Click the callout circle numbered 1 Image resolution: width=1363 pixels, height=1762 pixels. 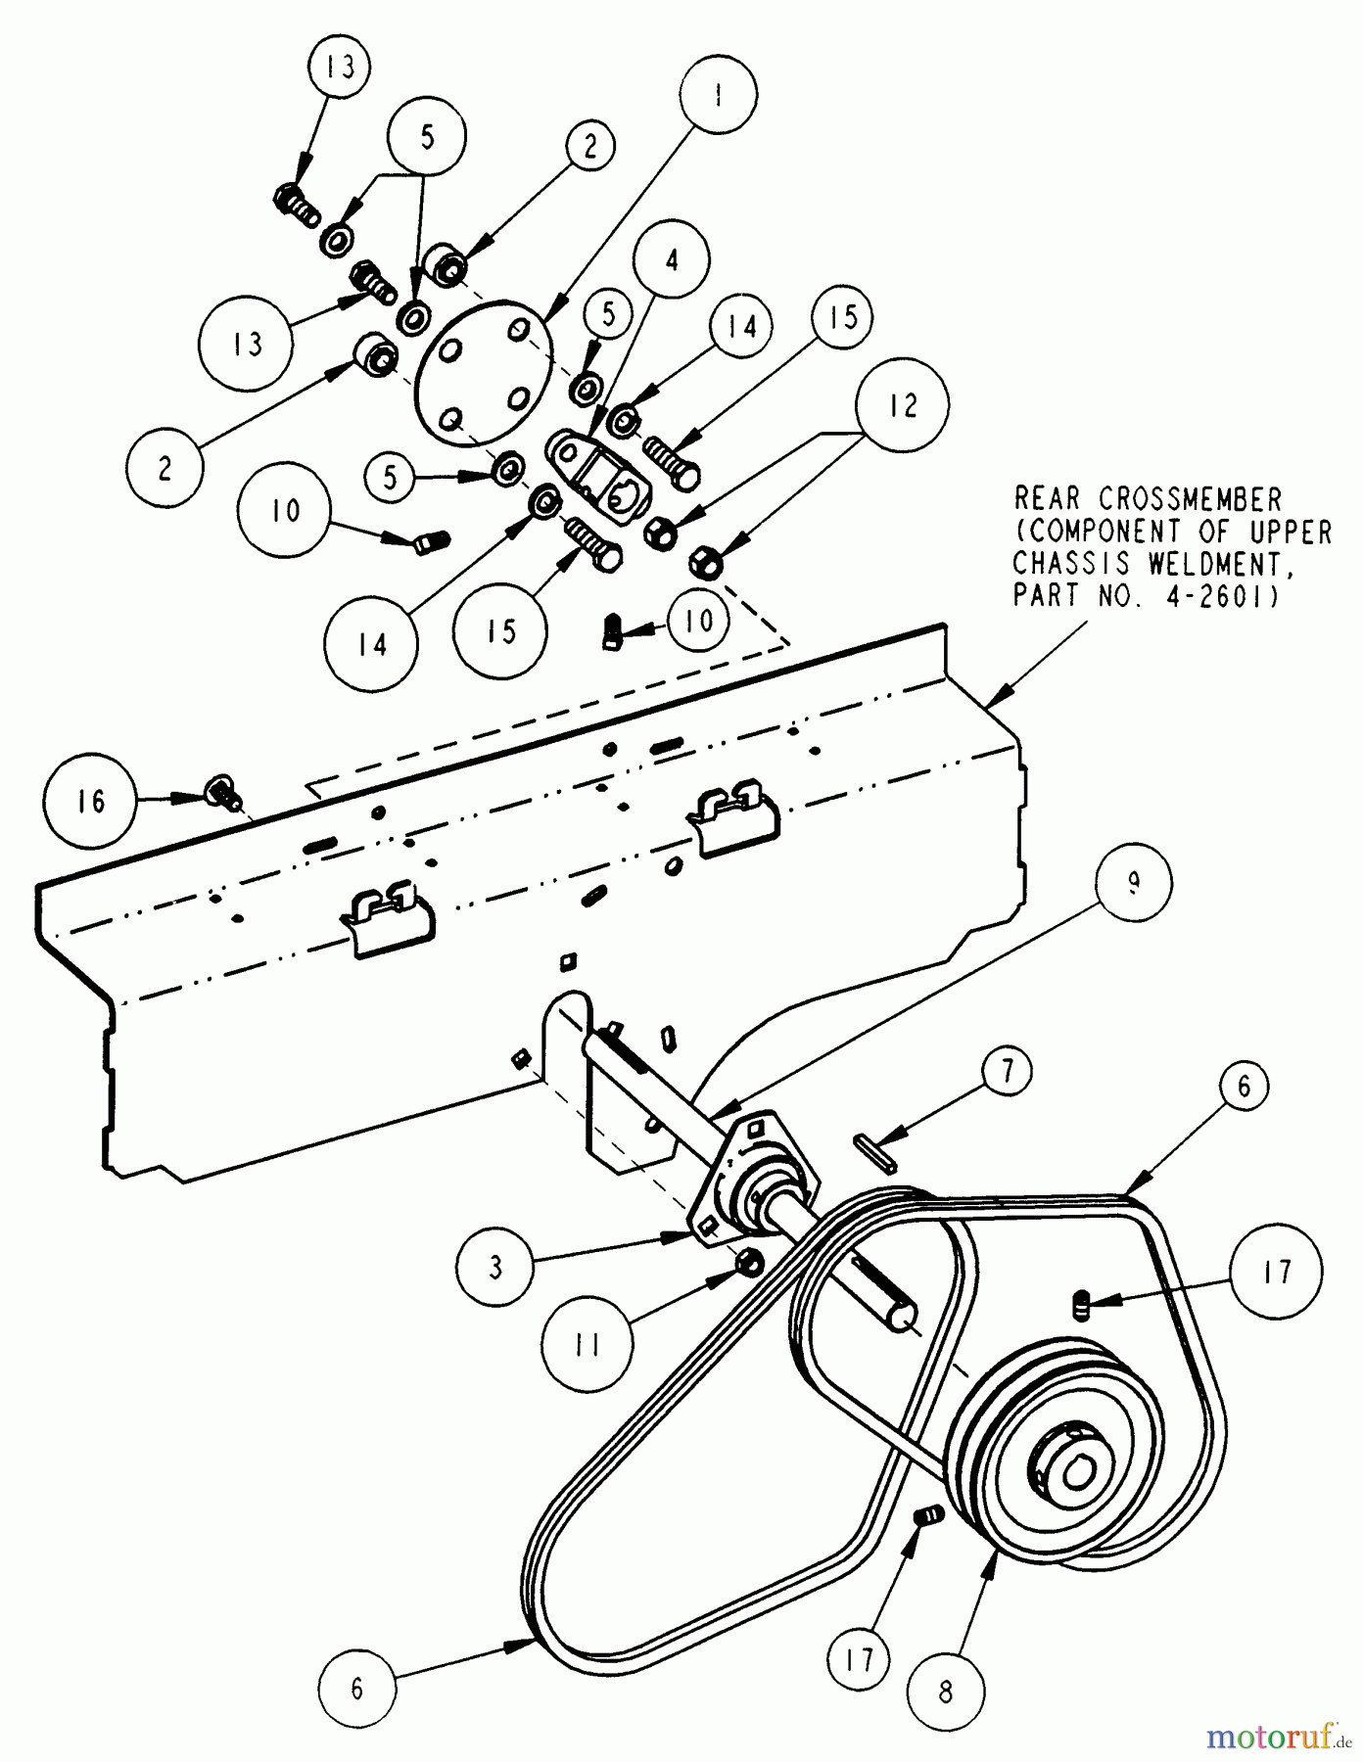[x=719, y=95]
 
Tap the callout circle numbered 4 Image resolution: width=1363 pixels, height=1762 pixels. [x=671, y=259]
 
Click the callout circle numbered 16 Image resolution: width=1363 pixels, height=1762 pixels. [x=90, y=803]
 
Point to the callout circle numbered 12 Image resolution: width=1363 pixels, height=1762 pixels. [x=902, y=405]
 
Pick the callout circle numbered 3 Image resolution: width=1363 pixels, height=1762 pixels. [x=495, y=1268]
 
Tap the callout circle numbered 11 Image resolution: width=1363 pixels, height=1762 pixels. [x=587, y=1346]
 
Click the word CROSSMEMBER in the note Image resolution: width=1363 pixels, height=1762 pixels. [x=1189, y=499]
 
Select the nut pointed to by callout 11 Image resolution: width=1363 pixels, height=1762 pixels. [x=749, y=1262]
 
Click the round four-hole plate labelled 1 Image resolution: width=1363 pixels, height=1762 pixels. [x=484, y=373]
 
